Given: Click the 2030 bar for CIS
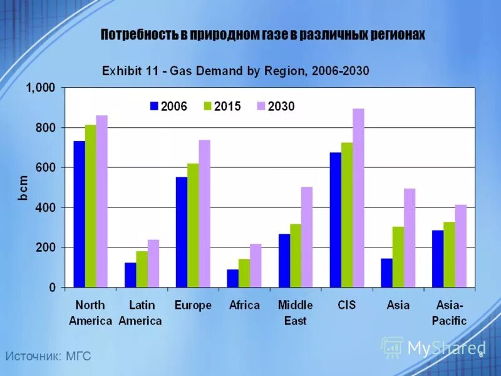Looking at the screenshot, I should [358, 198].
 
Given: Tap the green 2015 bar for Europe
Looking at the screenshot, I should [193, 226].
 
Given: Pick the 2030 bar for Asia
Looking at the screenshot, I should [410, 238].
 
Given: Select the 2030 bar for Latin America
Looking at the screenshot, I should [153, 263].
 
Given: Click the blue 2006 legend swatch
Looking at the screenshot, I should [154, 106].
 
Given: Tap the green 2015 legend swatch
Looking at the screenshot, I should [208, 106].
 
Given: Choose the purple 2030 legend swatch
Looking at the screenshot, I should [261, 106].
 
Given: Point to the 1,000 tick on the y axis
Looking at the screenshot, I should [40, 88].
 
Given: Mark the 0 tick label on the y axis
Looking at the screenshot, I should [53, 288].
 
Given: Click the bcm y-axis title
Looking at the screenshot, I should [21, 187].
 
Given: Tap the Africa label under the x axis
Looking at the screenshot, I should [244, 305].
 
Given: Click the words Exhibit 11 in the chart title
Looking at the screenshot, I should [132, 71].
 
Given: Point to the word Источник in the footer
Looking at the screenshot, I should [31, 357].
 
